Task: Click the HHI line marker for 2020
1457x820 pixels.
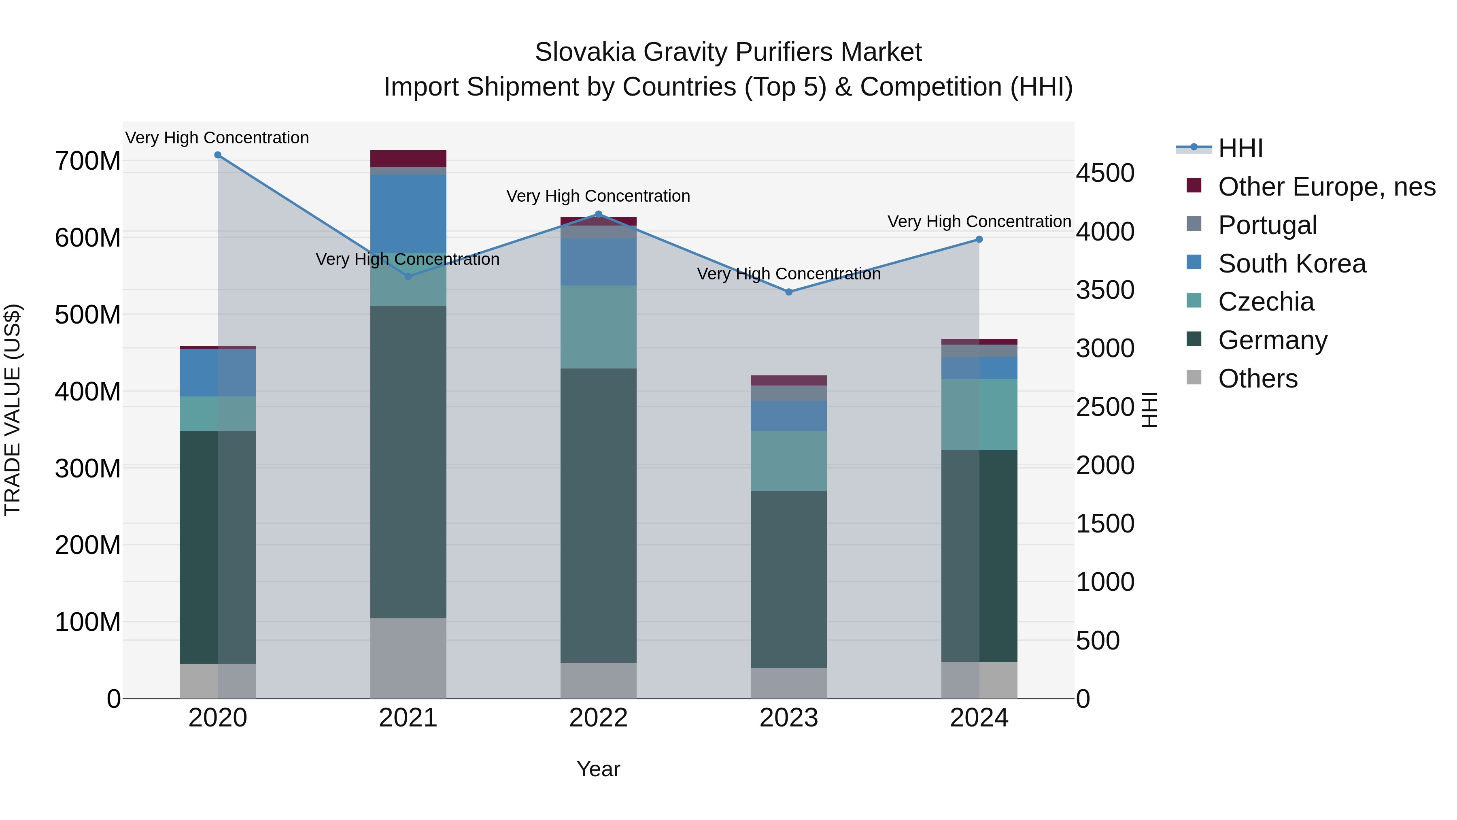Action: click(x=218, y=155)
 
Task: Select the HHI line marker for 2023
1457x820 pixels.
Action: click(x=789, y=292)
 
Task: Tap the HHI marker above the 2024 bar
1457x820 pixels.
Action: click(x=979, y=239)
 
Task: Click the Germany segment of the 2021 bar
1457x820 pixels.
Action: click(x=408, y=461)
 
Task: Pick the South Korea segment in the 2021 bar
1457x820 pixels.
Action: click(x=408, y=213)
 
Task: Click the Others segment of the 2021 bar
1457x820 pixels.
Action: click(x=408, y=658)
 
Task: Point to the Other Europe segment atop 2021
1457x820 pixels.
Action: click(x=408, y=158)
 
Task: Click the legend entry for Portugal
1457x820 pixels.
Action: click(x=1267, y=225)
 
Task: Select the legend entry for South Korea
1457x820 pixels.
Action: click(x=1291, y=264)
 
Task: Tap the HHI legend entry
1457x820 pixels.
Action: click(x=1240, y=148)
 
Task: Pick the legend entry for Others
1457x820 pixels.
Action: click(x=1257, y=379)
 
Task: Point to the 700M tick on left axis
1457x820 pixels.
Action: click(x=88, y=161)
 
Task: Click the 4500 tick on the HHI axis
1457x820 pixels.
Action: click(x=1104, y=173)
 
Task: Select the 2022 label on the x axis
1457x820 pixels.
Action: click(x=599, y=718)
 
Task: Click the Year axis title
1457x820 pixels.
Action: click(x=599, y=769)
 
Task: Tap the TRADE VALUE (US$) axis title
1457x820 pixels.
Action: click(x=13, y=410)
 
